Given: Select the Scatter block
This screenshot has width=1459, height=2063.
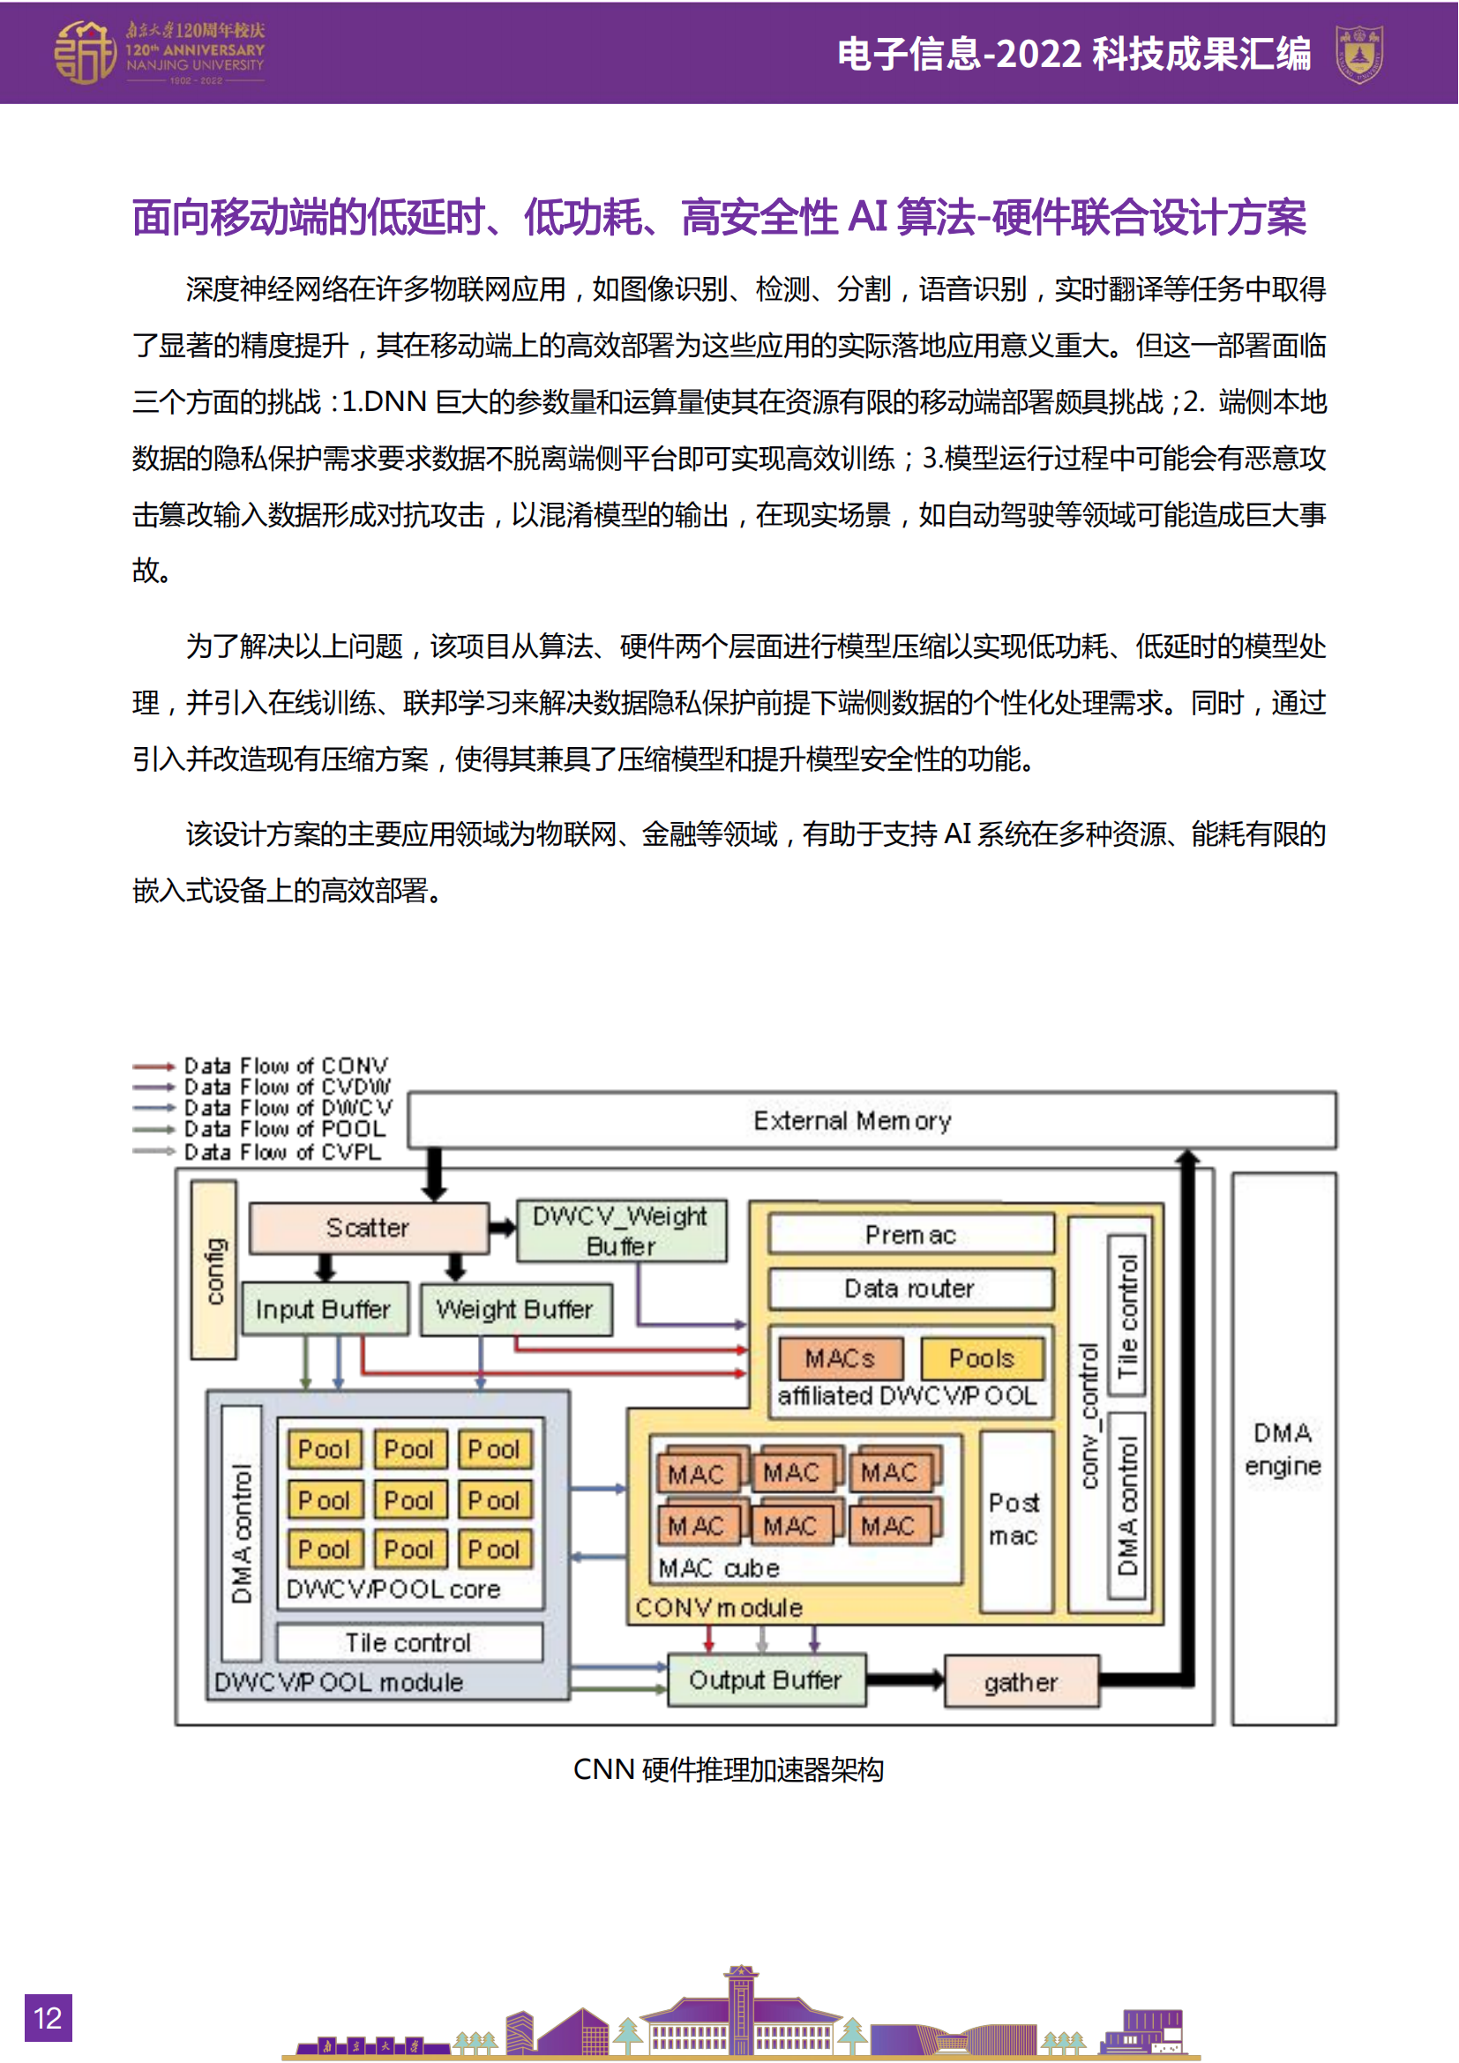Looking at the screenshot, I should click(x=369, y=1228).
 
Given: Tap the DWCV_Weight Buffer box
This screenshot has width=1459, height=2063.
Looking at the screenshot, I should click(x=621, y=1230).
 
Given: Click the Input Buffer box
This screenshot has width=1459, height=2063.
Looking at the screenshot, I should click(x=325, y=1309).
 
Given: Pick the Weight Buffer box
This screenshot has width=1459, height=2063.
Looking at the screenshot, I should click(x=516, y=1309).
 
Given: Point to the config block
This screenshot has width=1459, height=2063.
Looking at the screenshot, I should click(x=213, y=1268).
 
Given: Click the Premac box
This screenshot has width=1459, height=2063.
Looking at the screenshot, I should click(x=910, y=1235).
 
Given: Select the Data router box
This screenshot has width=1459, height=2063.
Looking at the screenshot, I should click(x=910, y=1289).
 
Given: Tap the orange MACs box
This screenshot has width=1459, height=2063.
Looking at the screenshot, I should click(x=840, y=1357).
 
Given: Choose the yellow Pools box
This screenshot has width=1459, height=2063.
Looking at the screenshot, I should click(x=981, y=1357).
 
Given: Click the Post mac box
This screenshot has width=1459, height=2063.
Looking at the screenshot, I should click(x=1015, y=1519).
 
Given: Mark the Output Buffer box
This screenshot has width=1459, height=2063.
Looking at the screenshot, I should click(x=766, y=1679).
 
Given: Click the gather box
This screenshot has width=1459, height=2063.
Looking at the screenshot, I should click(x=1021, y=1681).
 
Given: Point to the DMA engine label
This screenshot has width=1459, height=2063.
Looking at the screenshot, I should click(x=1283, y=1448).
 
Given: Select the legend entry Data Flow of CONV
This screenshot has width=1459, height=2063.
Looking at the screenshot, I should click(x=286, y=1065).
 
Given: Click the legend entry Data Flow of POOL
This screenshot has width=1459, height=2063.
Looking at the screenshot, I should click(x=284, y=1129).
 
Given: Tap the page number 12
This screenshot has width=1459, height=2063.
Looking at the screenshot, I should click(x=48, y=2018).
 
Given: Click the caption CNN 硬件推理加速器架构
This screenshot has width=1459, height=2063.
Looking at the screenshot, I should click(x=729, y=1769).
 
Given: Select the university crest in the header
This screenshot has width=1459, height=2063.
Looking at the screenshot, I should click(x=1358, y=54).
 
